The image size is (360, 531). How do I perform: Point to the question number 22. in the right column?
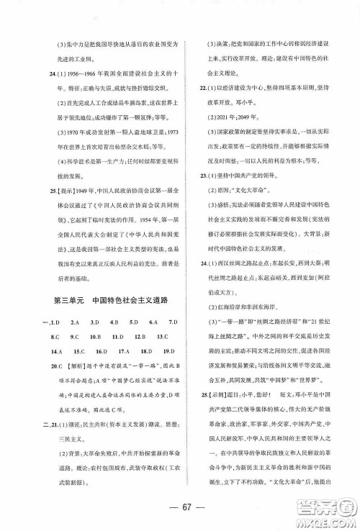point(194,88)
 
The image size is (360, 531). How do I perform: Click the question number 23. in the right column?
point(194,174)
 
